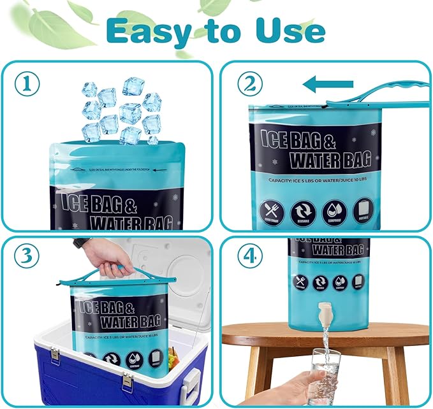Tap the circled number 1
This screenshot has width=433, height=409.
tap(27, 83)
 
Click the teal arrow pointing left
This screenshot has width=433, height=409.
tap(328, 83)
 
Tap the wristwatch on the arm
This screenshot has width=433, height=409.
tap(80, 243)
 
